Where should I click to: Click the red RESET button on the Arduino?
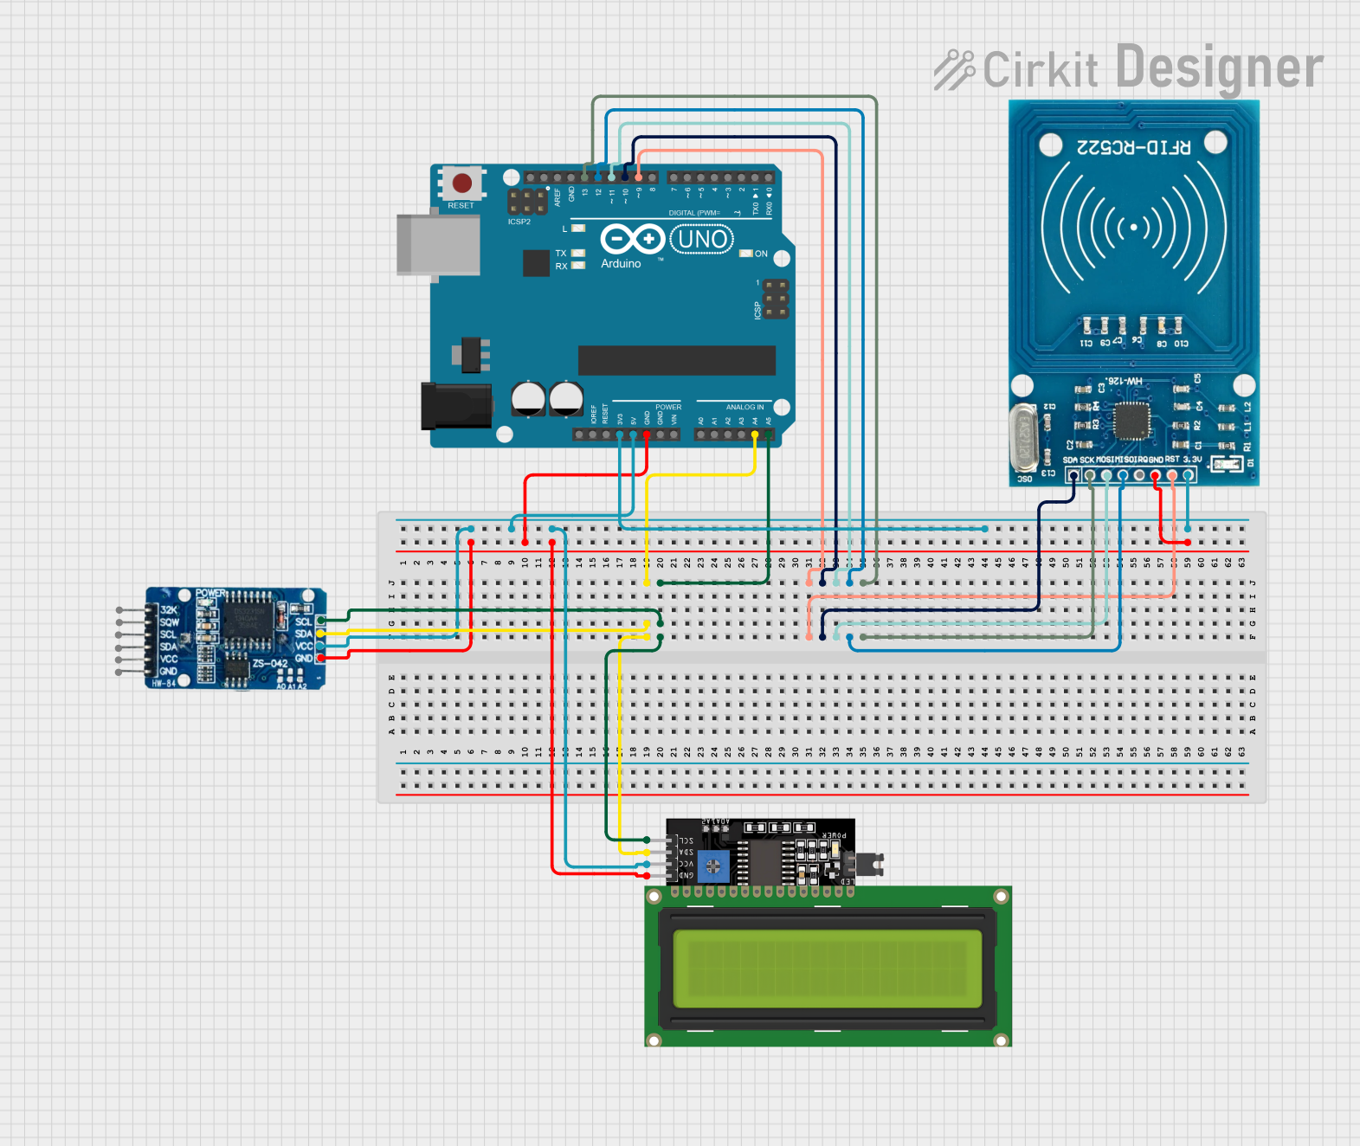point(462,183)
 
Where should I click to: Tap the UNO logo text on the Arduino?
point(702,239)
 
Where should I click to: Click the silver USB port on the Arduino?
point(438,245)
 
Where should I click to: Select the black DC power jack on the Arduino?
point(455,406)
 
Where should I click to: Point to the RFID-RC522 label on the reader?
point(1133,147)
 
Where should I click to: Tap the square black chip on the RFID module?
point(1131,422)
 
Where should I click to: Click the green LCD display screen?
point(828,969)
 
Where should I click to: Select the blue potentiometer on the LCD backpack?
point(713,866)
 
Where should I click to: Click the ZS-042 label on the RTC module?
point(269,664)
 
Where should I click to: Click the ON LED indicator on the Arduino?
point(746,254)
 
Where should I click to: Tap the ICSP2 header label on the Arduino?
point(519,222)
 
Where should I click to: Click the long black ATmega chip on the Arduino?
point(676,360)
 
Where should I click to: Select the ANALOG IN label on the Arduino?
point(744,407)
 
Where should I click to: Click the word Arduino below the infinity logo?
point(621,263)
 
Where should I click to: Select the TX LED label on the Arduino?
point(561,254)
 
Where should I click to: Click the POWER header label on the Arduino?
point(667,407)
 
